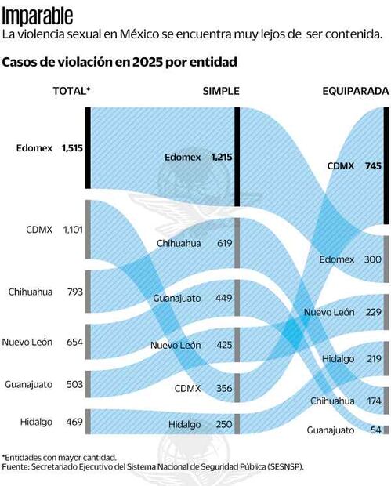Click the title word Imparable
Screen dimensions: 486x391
click(x=38, y=16)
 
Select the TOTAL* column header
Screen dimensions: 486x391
click(x=71, y=91)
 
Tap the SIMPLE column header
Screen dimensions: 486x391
click(x=221, y=91)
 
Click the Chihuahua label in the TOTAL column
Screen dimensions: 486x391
click(x=31, y=292)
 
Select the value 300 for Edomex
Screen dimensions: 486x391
click(x=372, y=259)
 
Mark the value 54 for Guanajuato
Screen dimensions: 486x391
click(x=375, y=430)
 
